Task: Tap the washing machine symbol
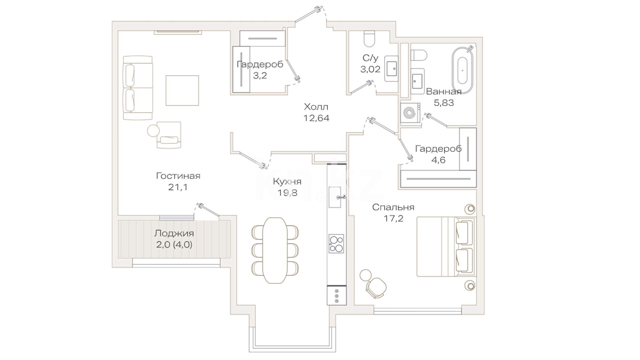[x=410, y=113]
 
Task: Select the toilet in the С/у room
[x=369, y=39]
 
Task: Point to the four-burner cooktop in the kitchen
[x=336, y=244]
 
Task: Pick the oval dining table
[x=275, y=250]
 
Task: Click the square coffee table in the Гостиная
[x=182, y=91]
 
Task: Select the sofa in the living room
[x=138, y=88]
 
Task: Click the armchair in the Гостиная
[x=169, y=135]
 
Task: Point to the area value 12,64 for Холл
[x=316, y=118]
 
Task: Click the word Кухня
[x=287, y=181]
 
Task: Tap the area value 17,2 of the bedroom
[x=393, y=218]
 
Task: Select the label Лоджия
[x=174, y=233]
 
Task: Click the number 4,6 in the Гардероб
[x=438, y=160]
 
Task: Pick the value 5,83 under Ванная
[x=444, y=103]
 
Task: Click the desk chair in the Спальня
[x=376, y=287]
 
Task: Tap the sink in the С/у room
[x=391, y=69]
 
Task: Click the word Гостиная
[x=178, y=176]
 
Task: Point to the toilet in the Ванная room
[x=419, y=55]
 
